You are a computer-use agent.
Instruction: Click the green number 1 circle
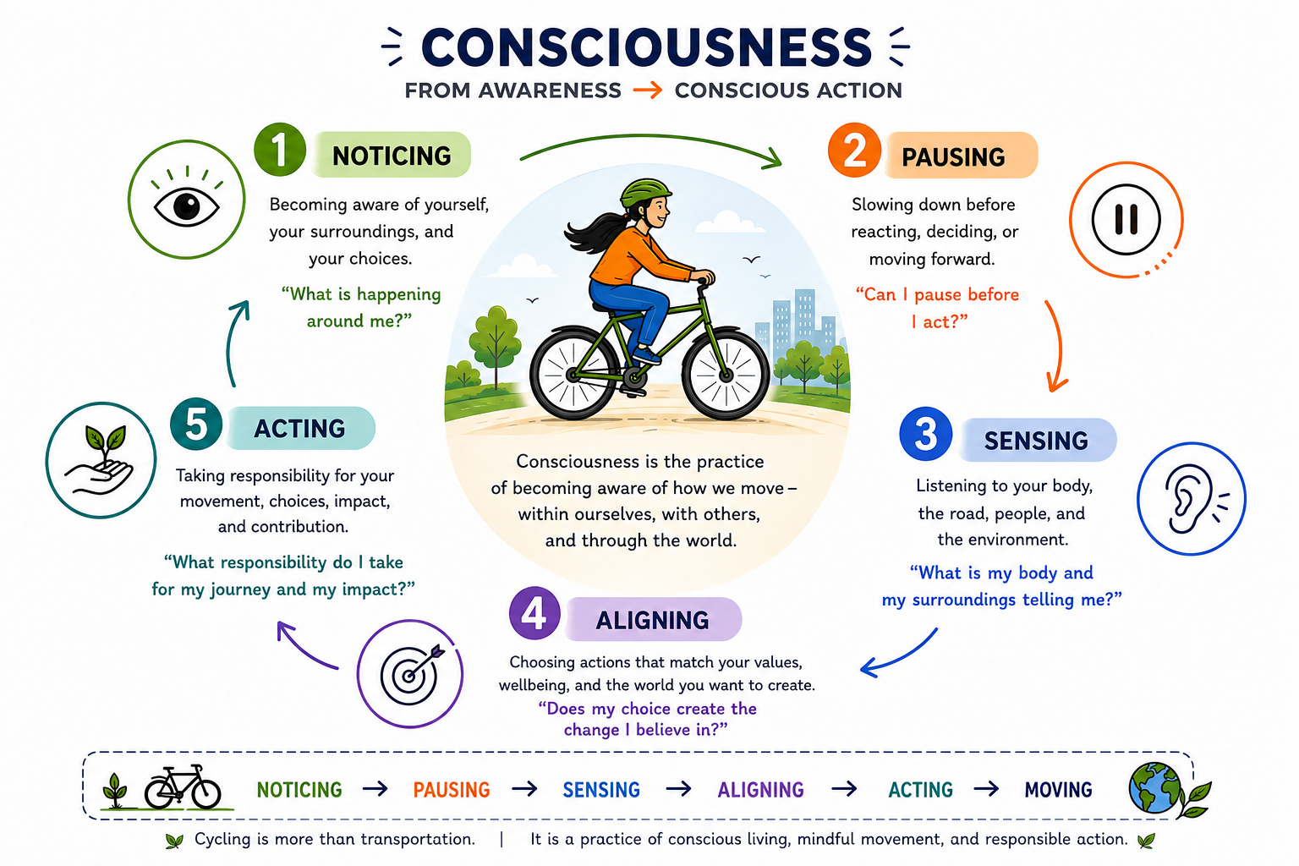point(280,150)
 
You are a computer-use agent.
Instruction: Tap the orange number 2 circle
point(854,150)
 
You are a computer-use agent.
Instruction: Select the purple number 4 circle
point(534,613)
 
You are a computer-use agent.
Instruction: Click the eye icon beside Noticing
point(186,200)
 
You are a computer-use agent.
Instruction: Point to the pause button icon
point(1126,220)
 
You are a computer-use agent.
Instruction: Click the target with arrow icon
point(410,673)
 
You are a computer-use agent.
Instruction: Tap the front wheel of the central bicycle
point(725,375)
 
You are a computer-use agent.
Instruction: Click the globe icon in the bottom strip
point(1154,787)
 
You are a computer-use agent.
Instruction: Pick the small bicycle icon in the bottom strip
point(183,787)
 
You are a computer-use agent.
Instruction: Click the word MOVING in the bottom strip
point(1058,789)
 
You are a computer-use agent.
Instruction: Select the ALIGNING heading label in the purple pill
point(652,620)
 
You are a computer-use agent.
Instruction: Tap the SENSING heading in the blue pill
point(1036,441)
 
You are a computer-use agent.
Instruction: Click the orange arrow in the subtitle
point(647,90)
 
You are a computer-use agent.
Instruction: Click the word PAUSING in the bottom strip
point(451,789)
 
